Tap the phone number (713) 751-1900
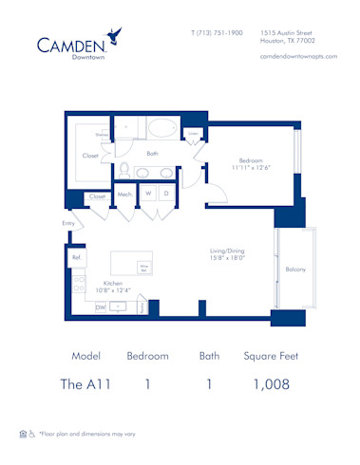pos(217,33)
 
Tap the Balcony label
pos(295,270)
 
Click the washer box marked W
pos(148,194)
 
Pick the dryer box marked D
pos(167,194)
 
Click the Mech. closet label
pos(124,195)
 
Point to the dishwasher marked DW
pos(100,307)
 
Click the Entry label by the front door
pos(67,223)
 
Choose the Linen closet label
pos(193,135)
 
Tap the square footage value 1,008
pos(271,385)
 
